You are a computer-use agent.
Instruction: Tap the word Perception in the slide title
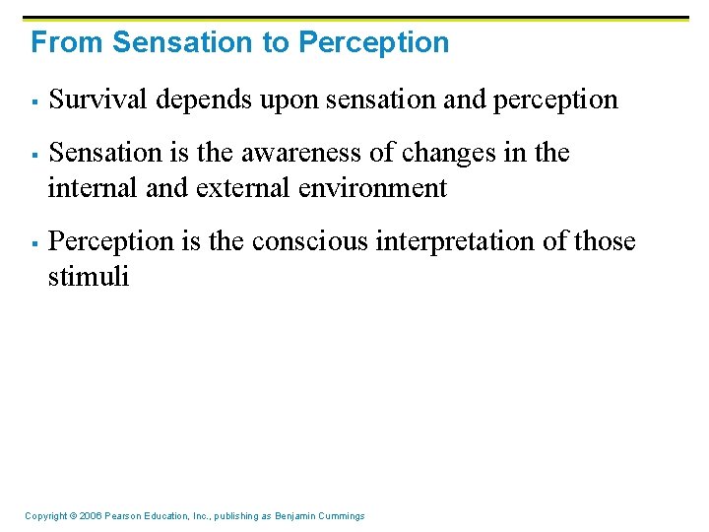point(373,42)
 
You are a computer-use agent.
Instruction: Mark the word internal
point(93,187)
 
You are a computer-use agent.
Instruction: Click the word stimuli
point(89,277)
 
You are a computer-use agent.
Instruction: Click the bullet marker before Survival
point(33,100)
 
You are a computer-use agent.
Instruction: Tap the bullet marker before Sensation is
point(33,154)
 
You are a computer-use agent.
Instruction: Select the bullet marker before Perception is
point(33,242)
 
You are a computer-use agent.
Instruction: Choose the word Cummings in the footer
point(342,516)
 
